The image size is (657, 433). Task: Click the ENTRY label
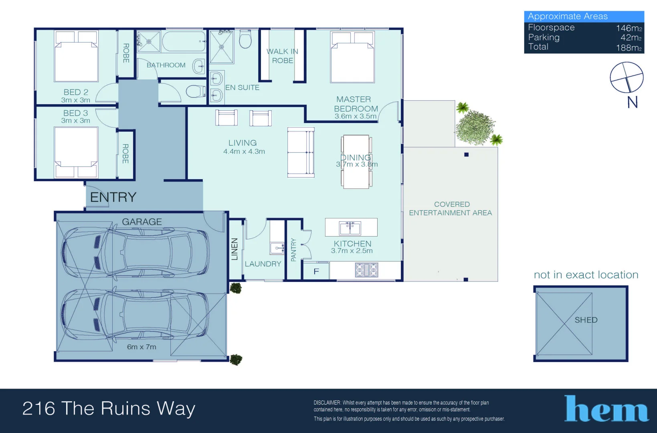click(113, 197)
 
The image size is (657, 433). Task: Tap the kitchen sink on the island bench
click(350, 228)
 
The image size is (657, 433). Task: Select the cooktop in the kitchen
click(366, 270)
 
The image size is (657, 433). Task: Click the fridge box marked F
click(316, 271)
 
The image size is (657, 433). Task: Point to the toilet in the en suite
click(245, 39)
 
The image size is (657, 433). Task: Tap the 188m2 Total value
click(629, 48)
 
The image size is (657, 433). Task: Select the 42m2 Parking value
click(631, 37)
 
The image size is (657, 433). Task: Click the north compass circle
click(627, 77)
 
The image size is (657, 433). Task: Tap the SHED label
click(586, 320)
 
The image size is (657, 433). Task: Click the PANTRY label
click(293, 250)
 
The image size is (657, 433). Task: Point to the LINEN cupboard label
click(235, 249)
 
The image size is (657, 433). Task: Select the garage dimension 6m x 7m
click(142, 347)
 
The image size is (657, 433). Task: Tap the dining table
click(356, 162)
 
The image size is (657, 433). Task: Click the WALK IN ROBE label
click(282, 56)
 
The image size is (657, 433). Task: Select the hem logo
click(606, 409)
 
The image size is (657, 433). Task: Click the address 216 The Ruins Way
click(109, 409)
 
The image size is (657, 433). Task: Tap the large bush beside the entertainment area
click(475, 128)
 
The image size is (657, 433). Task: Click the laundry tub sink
click(277, 248)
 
